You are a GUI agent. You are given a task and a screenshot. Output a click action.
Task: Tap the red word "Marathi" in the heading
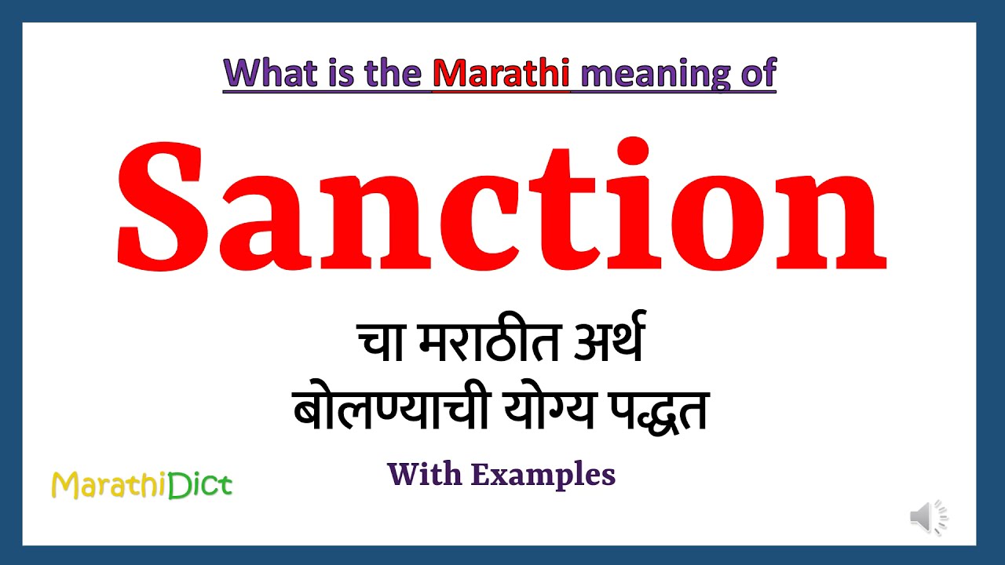[501, 74]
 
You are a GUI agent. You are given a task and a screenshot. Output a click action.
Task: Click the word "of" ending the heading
[757, 74]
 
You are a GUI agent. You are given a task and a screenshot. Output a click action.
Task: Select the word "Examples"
[543, 475]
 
